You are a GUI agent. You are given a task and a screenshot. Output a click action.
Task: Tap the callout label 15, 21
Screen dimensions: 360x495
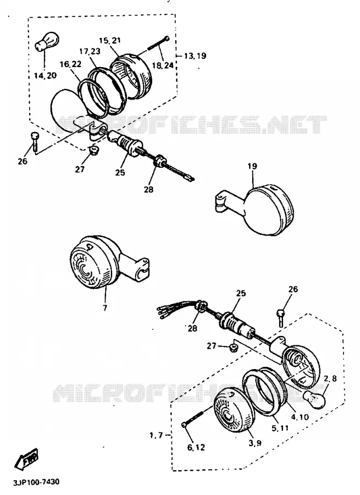coord(110,40)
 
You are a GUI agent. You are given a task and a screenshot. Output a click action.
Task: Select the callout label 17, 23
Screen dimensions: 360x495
coord(90,51)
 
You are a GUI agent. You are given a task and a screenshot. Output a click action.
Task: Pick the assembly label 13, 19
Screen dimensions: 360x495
coord(195,56)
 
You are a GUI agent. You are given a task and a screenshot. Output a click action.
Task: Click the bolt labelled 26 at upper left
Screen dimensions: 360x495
coord(34,141)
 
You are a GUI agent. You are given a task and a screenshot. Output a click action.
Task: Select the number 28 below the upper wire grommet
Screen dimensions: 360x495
coord(148,189)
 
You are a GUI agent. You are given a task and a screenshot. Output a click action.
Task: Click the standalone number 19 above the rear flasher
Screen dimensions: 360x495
coord(252,166)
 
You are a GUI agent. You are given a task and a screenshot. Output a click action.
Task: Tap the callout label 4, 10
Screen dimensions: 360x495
coord(300,417)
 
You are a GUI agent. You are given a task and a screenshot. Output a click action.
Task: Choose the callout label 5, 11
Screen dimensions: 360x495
coord(280,428)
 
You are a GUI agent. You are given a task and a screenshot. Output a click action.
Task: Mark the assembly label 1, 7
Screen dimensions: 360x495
coord(156,436)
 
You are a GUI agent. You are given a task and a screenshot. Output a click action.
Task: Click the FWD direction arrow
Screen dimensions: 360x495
coord(26,458)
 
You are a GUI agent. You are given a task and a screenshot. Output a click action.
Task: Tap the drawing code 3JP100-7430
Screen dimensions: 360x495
coord(36,482)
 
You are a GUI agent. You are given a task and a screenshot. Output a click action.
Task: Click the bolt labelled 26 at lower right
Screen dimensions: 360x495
coord(281,318)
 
